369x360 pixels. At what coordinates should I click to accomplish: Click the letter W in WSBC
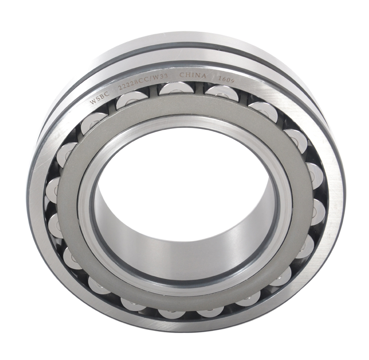point(93,102)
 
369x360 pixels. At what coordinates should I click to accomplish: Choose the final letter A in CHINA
point(204,76)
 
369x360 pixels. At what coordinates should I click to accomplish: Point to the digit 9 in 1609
point(234,81)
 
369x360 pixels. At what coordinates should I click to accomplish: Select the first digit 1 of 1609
point(219,78)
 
